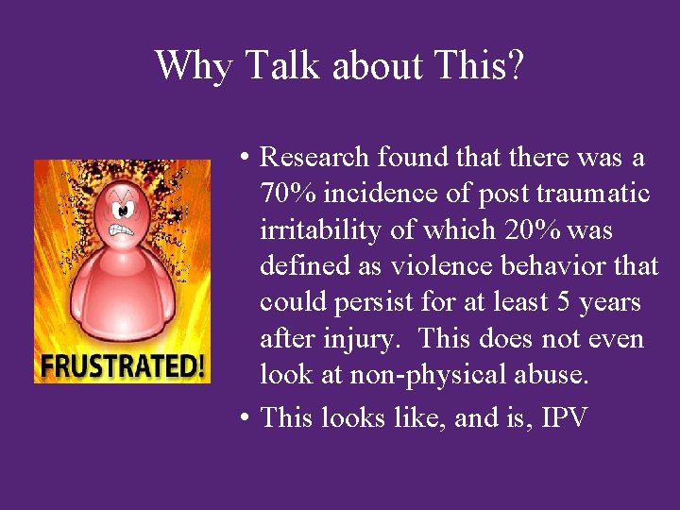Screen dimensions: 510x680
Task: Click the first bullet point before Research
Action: pos(244,157)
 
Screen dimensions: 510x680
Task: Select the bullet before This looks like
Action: pos(244,416)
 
